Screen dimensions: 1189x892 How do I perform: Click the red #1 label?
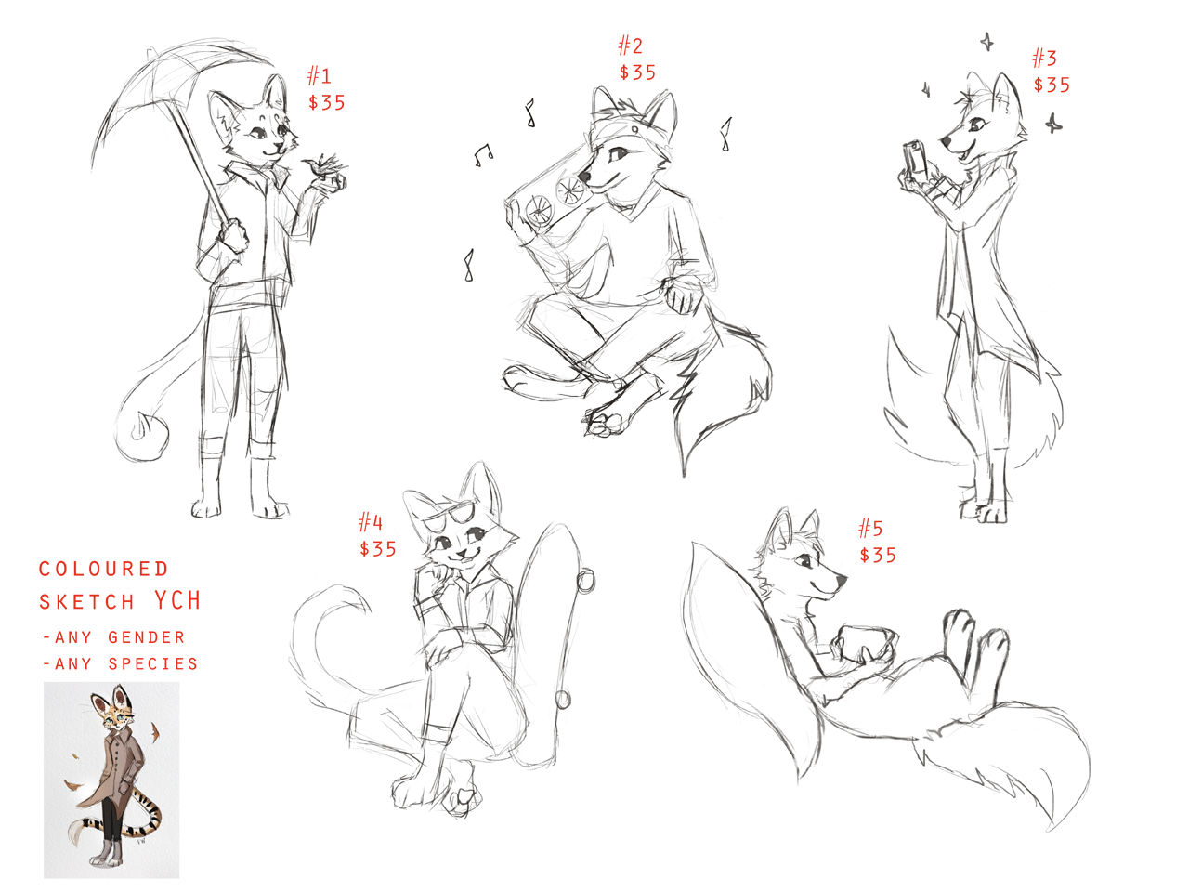[x=319, y=76]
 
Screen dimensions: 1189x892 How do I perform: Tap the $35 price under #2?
[x=637, y=72]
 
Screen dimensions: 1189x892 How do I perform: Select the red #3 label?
[x=1044, y=58]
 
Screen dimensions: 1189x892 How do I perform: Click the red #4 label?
[x=371, y=522]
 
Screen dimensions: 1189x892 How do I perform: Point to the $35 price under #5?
[x=878, y=555]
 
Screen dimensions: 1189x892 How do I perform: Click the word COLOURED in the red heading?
[x=103, y=569]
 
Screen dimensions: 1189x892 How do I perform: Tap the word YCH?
[x=177, y=600]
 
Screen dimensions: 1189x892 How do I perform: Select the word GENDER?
[x=146, y=637]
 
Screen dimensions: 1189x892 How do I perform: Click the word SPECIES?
[x=153, y=664]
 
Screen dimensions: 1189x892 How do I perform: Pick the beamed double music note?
[x=483, y=155]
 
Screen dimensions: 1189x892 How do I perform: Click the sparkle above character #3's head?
[x=986, y=41]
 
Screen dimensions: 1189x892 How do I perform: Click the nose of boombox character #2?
[x=584, y=177]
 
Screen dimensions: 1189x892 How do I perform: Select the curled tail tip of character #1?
[x=142, y=427]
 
